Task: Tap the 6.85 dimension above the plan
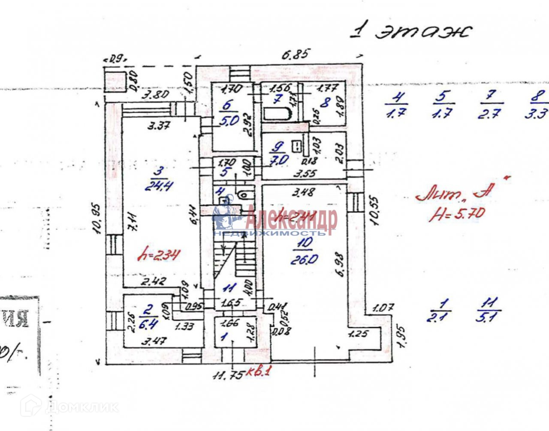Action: click(x=296, y=55)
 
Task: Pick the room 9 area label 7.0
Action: click(x=280, y=160)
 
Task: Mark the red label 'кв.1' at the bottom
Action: click(x=259, y=372)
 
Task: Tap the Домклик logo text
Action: click(x=81, y=407)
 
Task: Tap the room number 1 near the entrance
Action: click(x=223, y=336)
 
